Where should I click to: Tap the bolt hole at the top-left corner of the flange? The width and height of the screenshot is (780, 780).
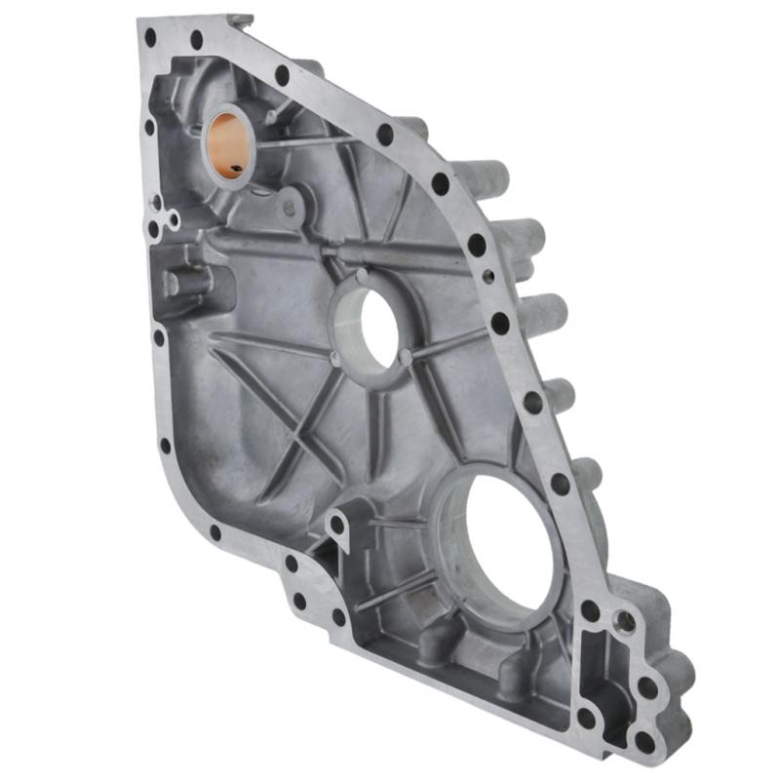(150, 37)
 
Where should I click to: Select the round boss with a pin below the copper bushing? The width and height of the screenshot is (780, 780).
(289, 207)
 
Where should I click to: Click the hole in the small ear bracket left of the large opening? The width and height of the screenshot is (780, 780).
(337, 524)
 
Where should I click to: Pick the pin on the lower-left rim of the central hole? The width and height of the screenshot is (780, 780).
(336, 358)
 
